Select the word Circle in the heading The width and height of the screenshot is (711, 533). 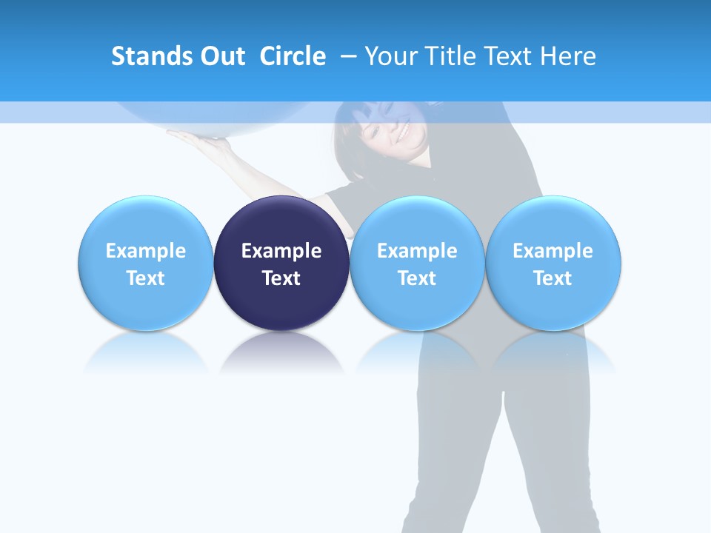pyautogui.click(x=293, y=56)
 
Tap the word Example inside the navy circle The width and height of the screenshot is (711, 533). pyautogui.click(x=281, y=251)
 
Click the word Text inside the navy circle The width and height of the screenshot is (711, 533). pyautogui.click(x=281, y=278)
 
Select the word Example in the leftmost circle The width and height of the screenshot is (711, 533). pyautogui.click(x=145, y=251)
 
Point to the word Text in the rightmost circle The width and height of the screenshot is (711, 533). pyautogui.click(x=553, y=278)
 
